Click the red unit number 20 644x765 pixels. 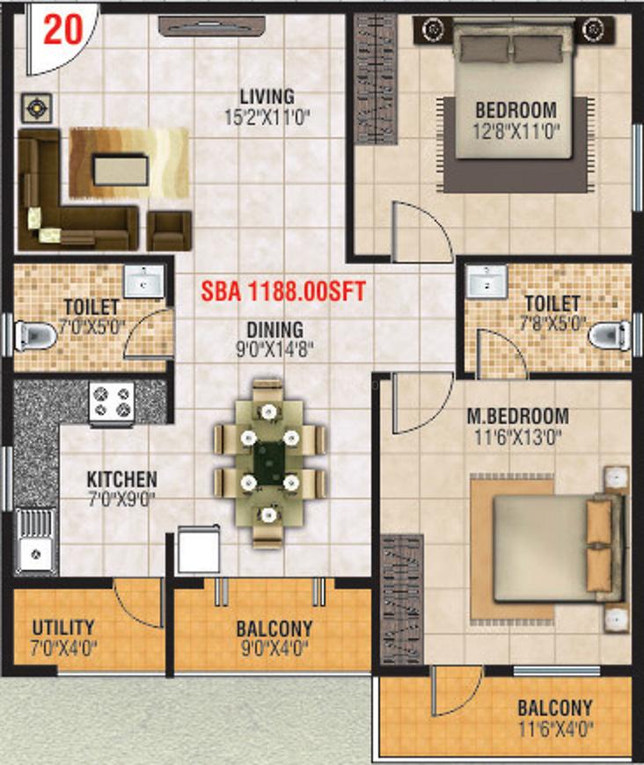[63, 30]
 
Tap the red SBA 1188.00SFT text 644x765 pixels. [283, 291]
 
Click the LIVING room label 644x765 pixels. [267, 96]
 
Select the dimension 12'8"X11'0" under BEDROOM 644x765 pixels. [516, 131]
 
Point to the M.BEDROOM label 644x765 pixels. [518, 416]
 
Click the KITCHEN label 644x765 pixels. [122, 479]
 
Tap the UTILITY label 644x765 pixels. [63, 628]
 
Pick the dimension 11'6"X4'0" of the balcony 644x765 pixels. [555, 730]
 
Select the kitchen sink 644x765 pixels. [36, 541]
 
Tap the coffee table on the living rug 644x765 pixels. [121, 170]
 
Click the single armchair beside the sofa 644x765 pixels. [169, 230]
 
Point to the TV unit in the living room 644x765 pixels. [212, 25]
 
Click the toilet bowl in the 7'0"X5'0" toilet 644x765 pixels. [34, 336]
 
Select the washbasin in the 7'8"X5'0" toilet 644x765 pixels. [487, 282]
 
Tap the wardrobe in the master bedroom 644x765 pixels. [402, 600]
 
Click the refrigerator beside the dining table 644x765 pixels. [198, 550]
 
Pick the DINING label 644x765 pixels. [274, 330]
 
